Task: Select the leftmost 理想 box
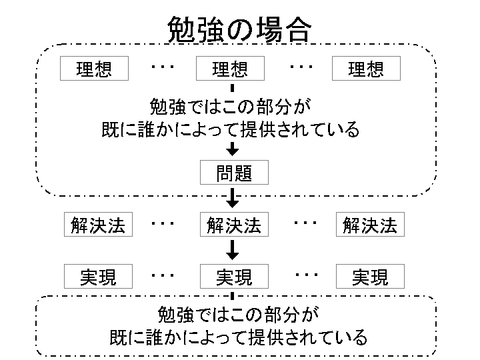[x=94, y=69]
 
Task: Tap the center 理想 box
[x=230, y=69]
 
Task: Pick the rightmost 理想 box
[x=366, y=69]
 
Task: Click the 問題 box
[x=234, y=173]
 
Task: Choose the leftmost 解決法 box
[x=98, y=225]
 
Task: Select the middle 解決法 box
[x=233, y=225]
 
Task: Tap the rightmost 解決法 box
[x=369, y=225]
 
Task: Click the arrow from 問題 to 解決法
[x=233, y=197]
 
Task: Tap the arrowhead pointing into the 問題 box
[x=233, y=150]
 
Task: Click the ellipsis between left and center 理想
[x=162, y=67]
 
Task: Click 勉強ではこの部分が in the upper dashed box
[x=231, y=107]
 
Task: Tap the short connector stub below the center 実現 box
[x=233, y=294]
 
